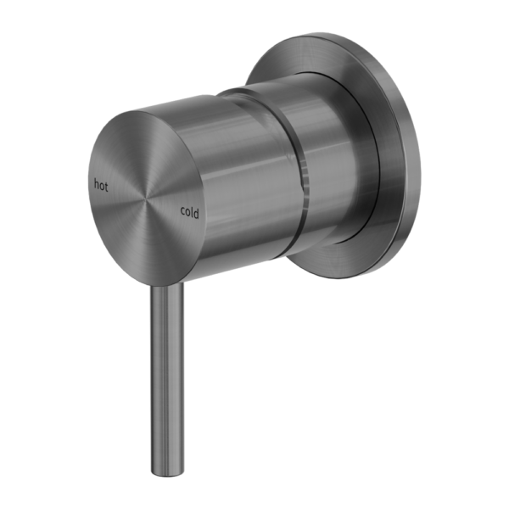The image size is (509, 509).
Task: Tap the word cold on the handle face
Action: [190, 213]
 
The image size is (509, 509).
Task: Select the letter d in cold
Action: [197, 213]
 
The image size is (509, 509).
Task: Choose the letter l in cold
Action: [193, 213]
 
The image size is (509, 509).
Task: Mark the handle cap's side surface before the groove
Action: [233, 170]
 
